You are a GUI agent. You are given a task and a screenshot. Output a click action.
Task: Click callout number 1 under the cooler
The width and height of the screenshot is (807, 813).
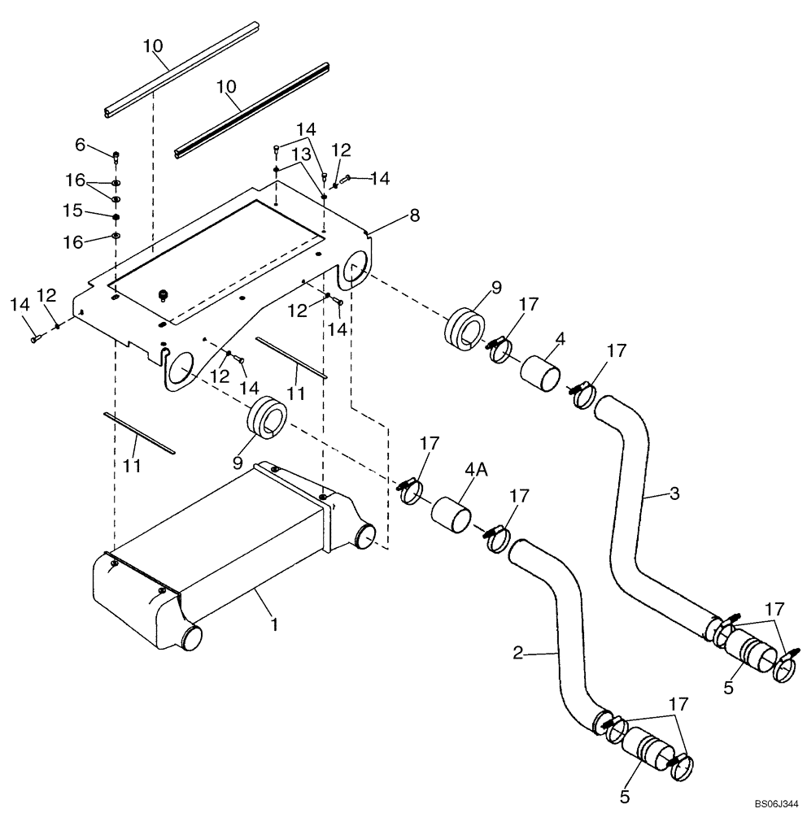(274, 624)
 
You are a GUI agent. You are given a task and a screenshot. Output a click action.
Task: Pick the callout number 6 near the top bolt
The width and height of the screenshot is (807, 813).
(80, 144)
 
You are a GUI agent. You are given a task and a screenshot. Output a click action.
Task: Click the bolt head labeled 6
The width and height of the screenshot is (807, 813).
(116, 154)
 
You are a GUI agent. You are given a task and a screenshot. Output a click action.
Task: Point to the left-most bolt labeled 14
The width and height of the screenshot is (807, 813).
(35, 337)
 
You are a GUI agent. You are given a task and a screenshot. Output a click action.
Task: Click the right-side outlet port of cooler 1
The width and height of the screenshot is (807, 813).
(367, 537)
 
